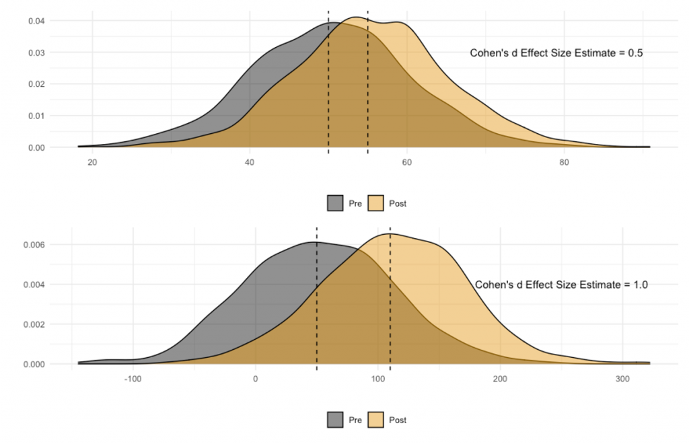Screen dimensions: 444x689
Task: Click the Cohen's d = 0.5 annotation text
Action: (556, 54)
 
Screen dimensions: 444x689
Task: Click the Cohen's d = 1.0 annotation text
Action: (561, 285)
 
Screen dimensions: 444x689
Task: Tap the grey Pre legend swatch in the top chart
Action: (336, 203)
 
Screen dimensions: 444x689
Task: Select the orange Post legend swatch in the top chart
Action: (375, 203)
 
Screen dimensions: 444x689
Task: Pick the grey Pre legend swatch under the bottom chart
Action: (336, 420)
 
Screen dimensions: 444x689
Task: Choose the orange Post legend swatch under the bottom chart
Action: (375, 420)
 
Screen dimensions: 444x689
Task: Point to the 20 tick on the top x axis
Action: (92, 162)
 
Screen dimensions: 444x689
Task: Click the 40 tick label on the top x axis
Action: (250, 162)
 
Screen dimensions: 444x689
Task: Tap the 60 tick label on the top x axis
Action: (406, 162)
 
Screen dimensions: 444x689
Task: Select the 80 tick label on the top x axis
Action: (564, 162)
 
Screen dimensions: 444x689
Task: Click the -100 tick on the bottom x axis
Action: (133, 379)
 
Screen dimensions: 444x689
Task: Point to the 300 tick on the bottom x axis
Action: (622, 379)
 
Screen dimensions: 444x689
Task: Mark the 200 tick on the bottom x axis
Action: (500, 379)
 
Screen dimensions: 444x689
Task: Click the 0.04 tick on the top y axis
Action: (36, 21)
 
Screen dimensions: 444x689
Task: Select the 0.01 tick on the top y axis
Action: (36, 116)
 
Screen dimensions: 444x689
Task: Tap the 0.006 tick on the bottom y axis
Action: (34, 245)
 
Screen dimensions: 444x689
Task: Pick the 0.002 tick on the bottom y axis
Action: (34, 324)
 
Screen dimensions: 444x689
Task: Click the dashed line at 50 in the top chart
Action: (328, 81)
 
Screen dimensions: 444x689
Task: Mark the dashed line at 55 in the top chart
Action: (367, 81)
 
